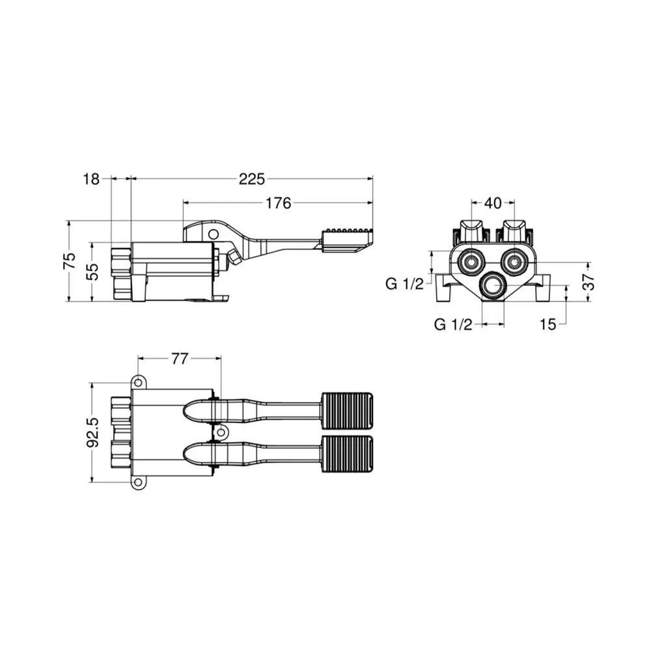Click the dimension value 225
click(251, 179)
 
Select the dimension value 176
click(278, 203)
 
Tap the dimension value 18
click(91, 179)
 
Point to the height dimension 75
click(70, 261)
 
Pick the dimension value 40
click(493, 203)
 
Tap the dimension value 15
click(548, 324)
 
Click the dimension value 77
click(180, 359)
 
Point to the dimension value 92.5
click(93, 432)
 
